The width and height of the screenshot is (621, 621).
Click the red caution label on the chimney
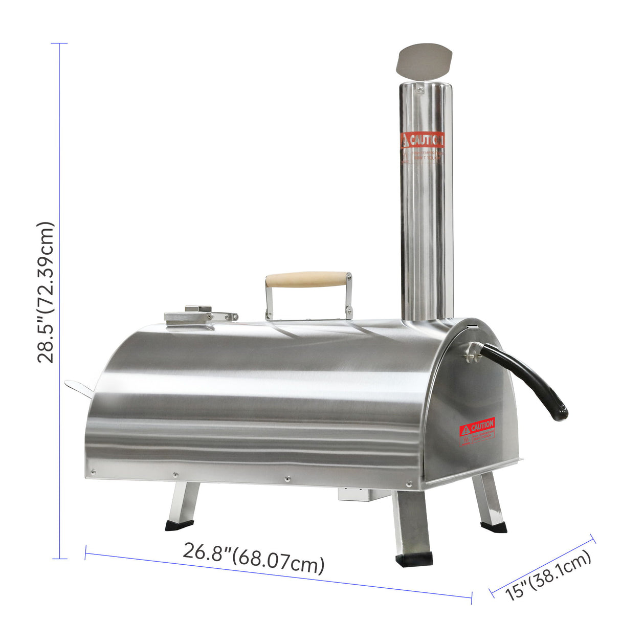pyautogui.click(x=422, y=140)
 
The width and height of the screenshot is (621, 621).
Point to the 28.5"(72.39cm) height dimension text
pyautogui.click(x=45, y=292)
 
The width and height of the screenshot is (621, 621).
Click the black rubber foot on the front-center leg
pyautogui.click(x=414, y=558)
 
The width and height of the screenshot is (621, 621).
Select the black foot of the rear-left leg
pyautogui.click(x=179, y=525)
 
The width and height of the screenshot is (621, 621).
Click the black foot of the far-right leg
pyautogui.click(x=494, y=526)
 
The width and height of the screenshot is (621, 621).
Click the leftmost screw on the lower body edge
pyautogui.click(x=93, y=472)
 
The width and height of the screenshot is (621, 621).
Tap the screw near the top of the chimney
pyautogui.click(x=420, y=89)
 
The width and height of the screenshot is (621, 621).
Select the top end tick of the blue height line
pyautogui.click(x=59, y=43)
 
